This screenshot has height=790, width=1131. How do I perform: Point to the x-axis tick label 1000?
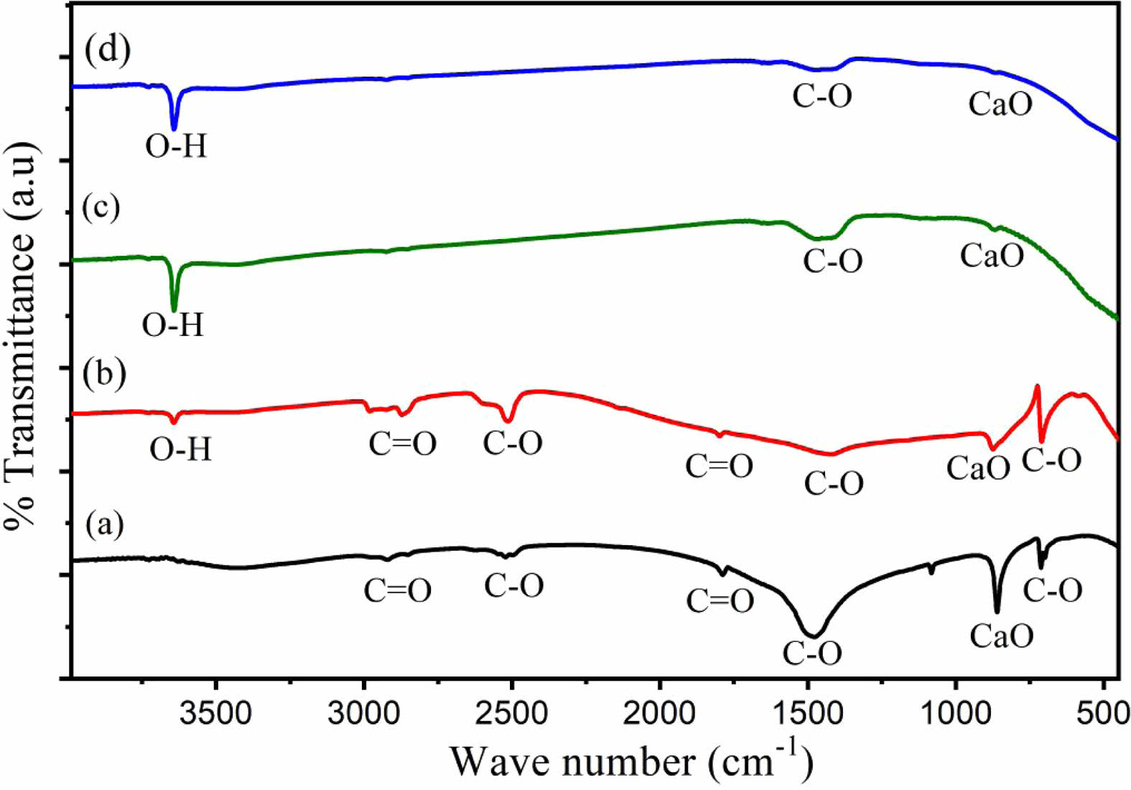coord(956,715)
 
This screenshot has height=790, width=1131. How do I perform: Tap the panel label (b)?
coord(104,373)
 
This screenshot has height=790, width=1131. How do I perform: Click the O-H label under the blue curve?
coord(176,147)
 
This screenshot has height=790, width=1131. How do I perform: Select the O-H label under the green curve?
coord(173,325)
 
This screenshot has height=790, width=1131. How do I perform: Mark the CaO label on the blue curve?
coord(1000,104)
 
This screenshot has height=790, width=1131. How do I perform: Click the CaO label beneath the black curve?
coord(1002,636)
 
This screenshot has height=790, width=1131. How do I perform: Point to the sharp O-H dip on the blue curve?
coord(174,128)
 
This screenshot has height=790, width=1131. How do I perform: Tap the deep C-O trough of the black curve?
coord(812,636)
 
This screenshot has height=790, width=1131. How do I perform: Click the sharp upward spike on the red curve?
coord(1037,387)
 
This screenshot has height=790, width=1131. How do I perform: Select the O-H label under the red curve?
coord(180,450)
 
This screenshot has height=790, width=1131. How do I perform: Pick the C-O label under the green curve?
coord(832,261)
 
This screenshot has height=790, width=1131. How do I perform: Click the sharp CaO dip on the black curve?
coord(997,611)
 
